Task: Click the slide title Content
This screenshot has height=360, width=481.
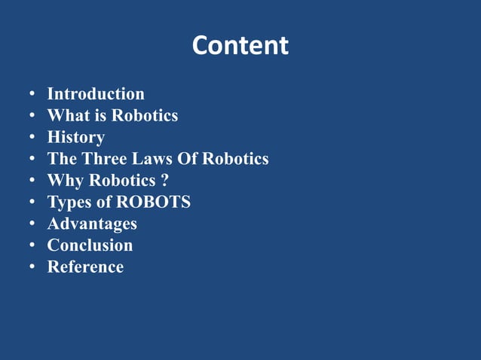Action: click(240, 46)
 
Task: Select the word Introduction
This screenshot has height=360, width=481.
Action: click(96, 94)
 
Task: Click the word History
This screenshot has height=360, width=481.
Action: click(75, 138)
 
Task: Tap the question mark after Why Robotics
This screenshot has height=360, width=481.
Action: click(164, 181)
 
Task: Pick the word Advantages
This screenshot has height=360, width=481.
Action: click(92, 224)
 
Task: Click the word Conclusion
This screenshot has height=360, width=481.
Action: click(90, 246)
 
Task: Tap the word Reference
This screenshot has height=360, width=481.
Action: click(85, 267)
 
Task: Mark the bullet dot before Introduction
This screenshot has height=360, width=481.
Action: click(32, 95)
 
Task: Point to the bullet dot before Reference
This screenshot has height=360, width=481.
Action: click(32, 267)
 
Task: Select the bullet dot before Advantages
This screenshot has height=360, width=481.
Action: click(32, 224)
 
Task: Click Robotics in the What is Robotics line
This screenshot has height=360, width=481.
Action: click(145, 116)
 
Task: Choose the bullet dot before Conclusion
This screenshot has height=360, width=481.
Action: click(32, 246)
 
